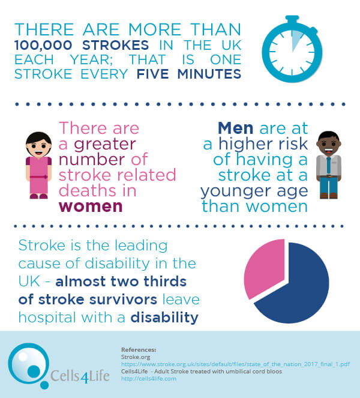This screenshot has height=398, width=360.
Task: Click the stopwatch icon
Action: pyautogui.click(x=292, y=49)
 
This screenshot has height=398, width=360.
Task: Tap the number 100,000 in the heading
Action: pyautogui.click(x=43, y=46)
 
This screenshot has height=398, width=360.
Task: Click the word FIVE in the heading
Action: pyautogui.click(x=153, y=74)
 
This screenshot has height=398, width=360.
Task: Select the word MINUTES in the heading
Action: pyautogui.click(x=209, y=74)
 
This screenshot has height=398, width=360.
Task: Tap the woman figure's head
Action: pyautogui.click(x=39, y=145)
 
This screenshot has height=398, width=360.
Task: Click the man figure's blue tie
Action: pyautogui.click(x=329, y=166)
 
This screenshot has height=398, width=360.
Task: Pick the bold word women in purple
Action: pyautogui.click(x=91, y=207)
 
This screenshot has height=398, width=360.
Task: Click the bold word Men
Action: pyautogui.click(x=236, y=128)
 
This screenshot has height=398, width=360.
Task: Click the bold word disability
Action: pyautogui.click(x=164, y=318)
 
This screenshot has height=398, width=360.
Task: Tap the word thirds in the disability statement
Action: pyautogui.click(x=165, y=281)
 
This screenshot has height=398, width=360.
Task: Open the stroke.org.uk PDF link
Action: pyautogui.click(x=235, y=364)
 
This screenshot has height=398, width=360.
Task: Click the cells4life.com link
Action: pyautogui.click(x=149, y=378)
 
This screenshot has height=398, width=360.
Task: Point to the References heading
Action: pyautogui.click(x=139, y=349)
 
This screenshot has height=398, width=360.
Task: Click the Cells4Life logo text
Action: pyautogui.click(x=80, y=376)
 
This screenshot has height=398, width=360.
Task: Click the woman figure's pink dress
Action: pyautogui.click(x=39, y=175)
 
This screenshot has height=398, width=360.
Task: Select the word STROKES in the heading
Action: pyautogui.click(x=115, y=46)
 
